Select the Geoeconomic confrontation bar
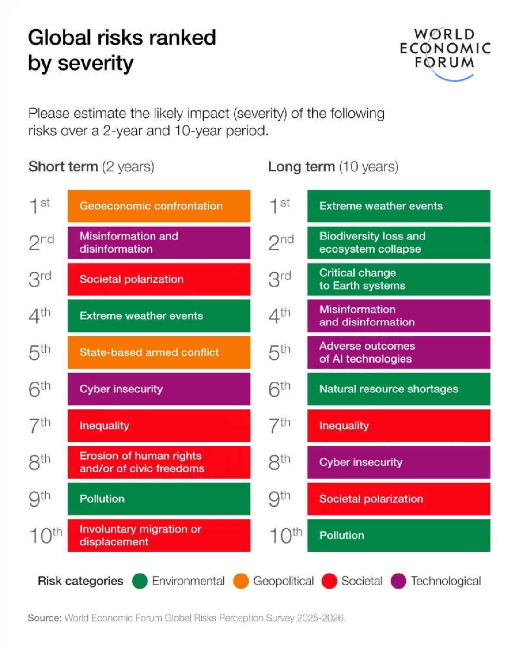pyautogui.click(x=159, y=206)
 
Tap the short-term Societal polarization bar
pyautogui.click(x=159, y=279)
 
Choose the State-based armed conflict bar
pyautogui.click(x=159, y=352)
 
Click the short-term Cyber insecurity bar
pyautogui.click(x=159, y=389)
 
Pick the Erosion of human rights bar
pyautogui.click(x=159, y=462)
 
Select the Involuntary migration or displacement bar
pyautogui.click(x=159, y=535)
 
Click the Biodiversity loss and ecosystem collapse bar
pyautogui.click(x=398, y=242)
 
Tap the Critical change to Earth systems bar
pyautogui.click(x=398, y=279)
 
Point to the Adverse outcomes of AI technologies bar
pyautogui.click(x=398, y=352)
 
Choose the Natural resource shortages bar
pyautogui.click(x=398, y=389)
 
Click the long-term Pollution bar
pyautogui.click(x=398, y=535)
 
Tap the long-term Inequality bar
pyautogui.click(x=398, y=425)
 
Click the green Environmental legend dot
pyautogui.click(x=140, y=581)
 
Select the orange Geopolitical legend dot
pyautogui.click(x=241, y=581)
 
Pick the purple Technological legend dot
pyautogui.click(x=398, y=581)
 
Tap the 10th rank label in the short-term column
pyautogui.click(x=45, y=536)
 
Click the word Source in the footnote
pyautogui.click(x=45, y=618)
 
